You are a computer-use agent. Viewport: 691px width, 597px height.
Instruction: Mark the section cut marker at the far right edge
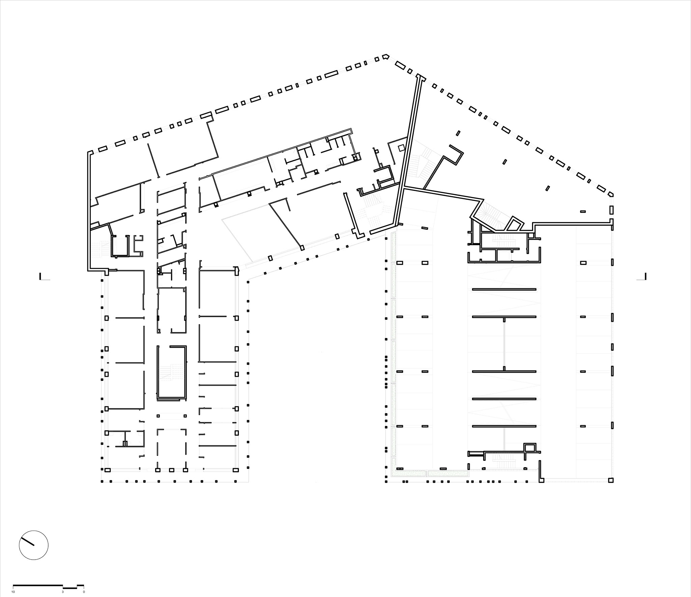click(x=641, y=277)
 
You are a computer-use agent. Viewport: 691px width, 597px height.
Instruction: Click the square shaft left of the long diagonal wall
click(x=401, y=148)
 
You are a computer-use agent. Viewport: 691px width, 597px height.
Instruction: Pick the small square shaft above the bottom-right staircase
click(x=529, y=447)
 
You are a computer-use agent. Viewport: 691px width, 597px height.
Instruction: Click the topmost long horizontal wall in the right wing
click(x=504, y=289)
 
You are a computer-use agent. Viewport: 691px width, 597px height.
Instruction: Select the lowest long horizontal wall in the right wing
click(x=504, y=426)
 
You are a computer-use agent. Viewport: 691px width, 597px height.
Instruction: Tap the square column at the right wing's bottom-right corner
click(x=610, y=480)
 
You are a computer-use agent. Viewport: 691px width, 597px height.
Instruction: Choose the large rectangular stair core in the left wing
click(x=171, y=372)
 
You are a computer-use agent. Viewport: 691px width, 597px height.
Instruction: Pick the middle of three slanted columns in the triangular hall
click(x=504, y=162)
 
